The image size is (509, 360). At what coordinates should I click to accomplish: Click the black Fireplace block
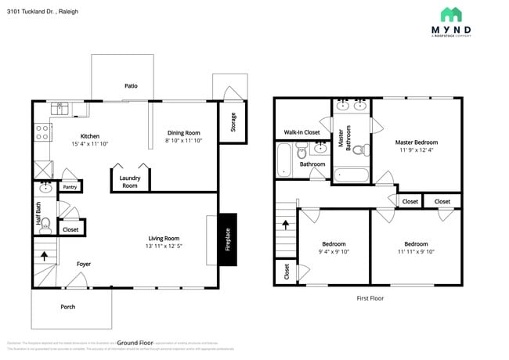[x=228, y=239]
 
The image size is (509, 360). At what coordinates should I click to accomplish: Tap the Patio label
[x=131, y=86]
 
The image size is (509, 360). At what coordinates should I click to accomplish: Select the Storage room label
[x=233, y=122]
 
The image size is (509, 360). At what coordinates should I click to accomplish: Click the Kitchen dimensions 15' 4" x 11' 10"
[x=90, y=143]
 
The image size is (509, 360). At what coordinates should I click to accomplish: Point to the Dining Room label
[x=184, y=133]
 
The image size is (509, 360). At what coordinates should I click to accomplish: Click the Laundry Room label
[x=129, y=182]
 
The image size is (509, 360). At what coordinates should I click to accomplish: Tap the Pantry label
[x=70, y=187]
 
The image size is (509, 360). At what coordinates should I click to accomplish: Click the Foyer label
[x=83, y=264]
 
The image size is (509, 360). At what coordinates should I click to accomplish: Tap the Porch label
[x=68, y=306]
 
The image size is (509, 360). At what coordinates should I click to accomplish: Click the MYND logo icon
[x=451, y=14]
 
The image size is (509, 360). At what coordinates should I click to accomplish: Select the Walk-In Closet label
[x=301, y=132]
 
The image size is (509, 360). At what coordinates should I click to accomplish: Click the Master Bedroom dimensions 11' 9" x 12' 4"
[x=416, y=149]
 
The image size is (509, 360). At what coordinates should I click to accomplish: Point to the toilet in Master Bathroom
[x=358, y=150]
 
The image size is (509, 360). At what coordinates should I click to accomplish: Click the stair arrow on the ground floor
[x=45, y=255]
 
